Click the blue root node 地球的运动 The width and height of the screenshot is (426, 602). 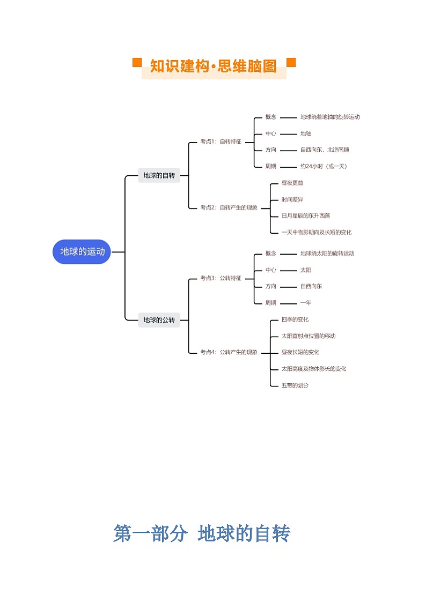click(x=82, y=252)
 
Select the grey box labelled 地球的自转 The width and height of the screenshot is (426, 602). click(x=159, y=175)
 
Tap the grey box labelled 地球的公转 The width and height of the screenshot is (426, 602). click(x=159, y=320)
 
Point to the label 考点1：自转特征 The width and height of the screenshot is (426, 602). click(x=221, y=142)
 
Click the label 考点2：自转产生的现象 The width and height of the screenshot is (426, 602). click(x=229, y=207)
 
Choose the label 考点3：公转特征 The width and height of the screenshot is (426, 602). click(x=221, y=278)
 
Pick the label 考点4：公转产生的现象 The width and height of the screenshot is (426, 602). click(x=229, y=352)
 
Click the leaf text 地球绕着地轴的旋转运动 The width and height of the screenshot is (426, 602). click(x=330, y=117)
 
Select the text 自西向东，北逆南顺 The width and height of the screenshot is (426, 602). click(x=325, y=150)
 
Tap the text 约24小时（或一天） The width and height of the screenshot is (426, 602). click(x=324, y=166)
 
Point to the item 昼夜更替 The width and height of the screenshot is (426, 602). click(x=292, y=183)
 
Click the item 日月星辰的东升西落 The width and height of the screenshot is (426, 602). click(x=306, y=216)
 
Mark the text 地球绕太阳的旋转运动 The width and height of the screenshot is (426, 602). click(x=327, y=254)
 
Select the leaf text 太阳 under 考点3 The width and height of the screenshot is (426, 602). click(x=306, y=270)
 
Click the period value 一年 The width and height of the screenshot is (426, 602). click(x=306, y=303)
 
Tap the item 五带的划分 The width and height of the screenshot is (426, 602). click(x=295, y=385)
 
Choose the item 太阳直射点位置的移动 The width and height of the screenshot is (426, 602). click(x=309, y=336)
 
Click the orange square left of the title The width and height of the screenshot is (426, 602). click(x=137, y=63)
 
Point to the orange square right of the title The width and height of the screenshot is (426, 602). click(x=291, y=62)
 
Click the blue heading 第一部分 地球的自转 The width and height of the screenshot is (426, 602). click(x=202, y=533)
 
